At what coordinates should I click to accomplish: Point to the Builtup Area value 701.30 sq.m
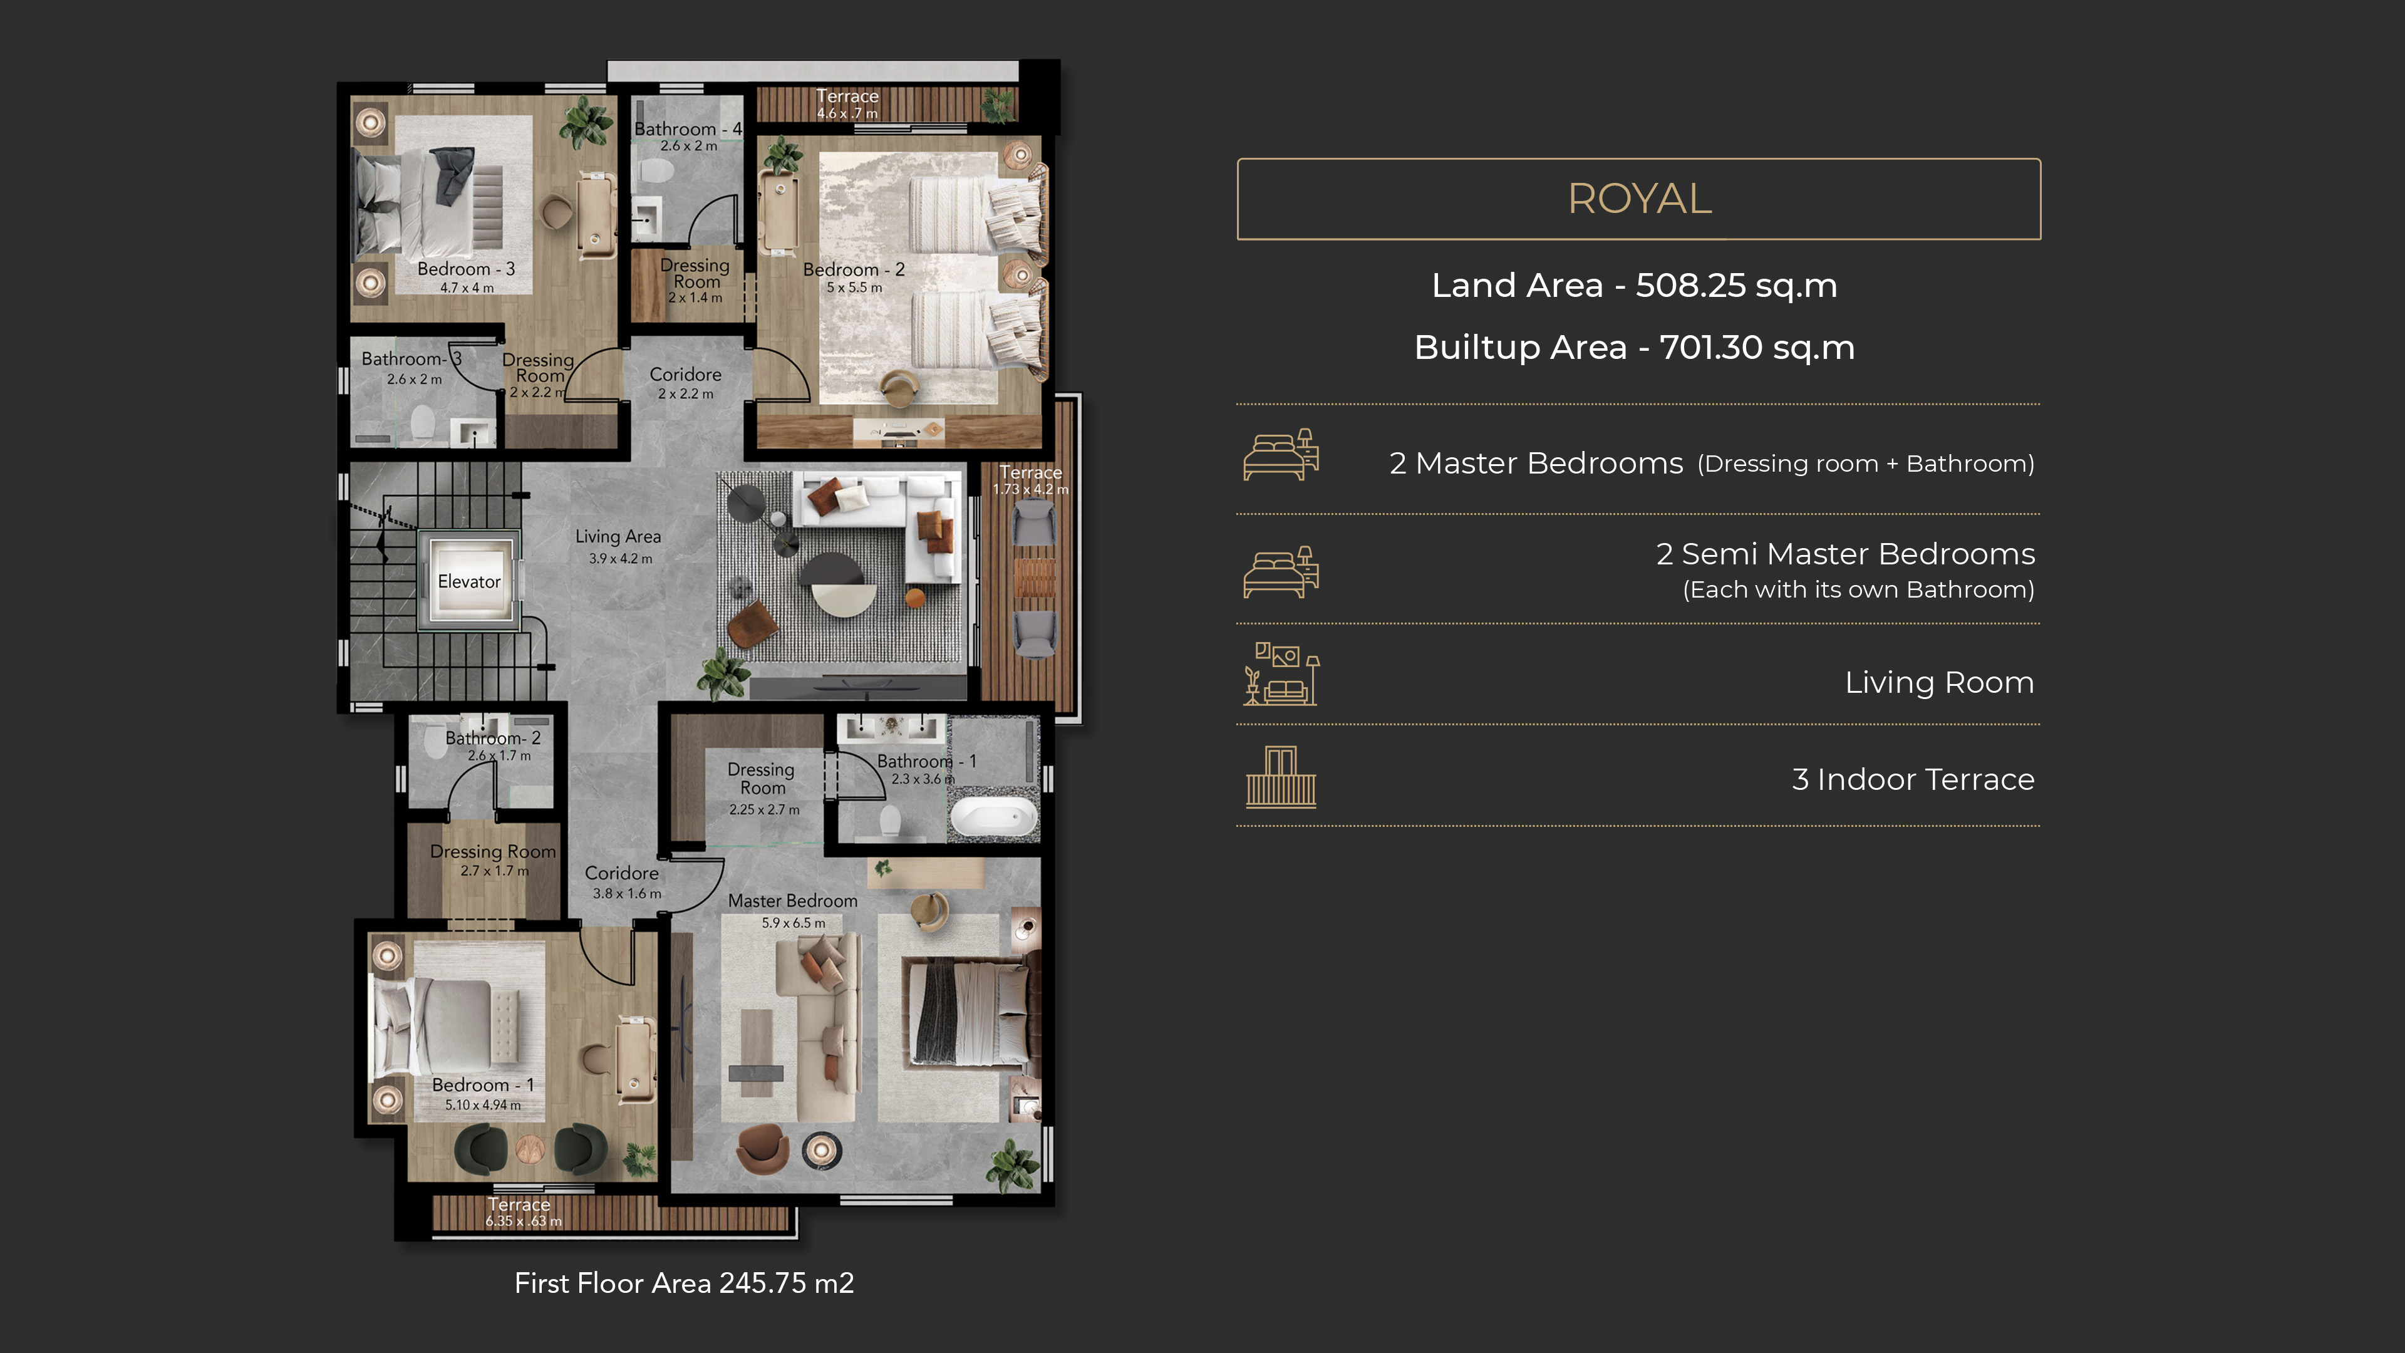pyautogui.click(x=1756, y=348)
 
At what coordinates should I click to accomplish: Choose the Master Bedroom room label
pyautogui.click(x=793, y=901)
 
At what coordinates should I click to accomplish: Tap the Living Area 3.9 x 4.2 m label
pyautogui.click(x=618, y=546)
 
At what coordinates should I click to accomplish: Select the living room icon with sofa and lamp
pyautogui.click(x=1281, y=674)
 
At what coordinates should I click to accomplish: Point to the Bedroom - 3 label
pyautogui.click(x=466, y=269)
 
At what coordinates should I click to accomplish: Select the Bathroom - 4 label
pyautogui.click(x=688, y=129)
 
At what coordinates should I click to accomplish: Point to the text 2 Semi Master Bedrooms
pyautogui.click(x=1845, y=554)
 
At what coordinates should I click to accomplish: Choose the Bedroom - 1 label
pyautogui.click(x=483, y=1085)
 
